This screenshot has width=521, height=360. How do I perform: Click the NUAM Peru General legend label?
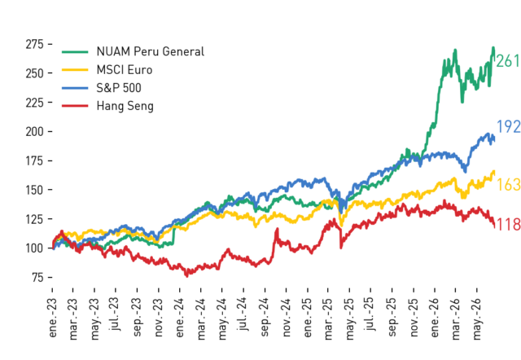point(150,51)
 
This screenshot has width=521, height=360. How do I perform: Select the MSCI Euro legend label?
point(125,70)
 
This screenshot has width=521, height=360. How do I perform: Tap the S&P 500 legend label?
point(119,88)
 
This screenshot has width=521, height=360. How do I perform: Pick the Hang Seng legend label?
point(125,106)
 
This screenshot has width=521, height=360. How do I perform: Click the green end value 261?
point(508,61)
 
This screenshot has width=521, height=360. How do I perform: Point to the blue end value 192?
point(508,126)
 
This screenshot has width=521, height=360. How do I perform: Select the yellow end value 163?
point(508,185)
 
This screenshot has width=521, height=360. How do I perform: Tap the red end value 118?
point(508,225)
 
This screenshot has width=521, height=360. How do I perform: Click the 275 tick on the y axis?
point(34,44)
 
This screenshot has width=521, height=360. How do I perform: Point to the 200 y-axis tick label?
point(34,132)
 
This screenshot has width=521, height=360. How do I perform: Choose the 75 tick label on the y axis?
point(38,277)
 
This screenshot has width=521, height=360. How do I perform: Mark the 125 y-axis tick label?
point(34,219)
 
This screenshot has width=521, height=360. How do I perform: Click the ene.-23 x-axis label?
point(52,318)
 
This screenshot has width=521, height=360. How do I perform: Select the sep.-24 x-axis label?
point(265,317)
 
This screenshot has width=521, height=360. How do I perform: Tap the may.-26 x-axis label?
point(477,319)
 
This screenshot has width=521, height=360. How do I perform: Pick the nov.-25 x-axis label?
point(414,318)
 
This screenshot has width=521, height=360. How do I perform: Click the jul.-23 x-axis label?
point(116,314)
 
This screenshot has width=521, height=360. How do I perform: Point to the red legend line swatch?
point(75,106)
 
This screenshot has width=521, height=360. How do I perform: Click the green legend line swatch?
point(75,51)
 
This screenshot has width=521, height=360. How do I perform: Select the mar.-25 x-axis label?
point(329,318)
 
